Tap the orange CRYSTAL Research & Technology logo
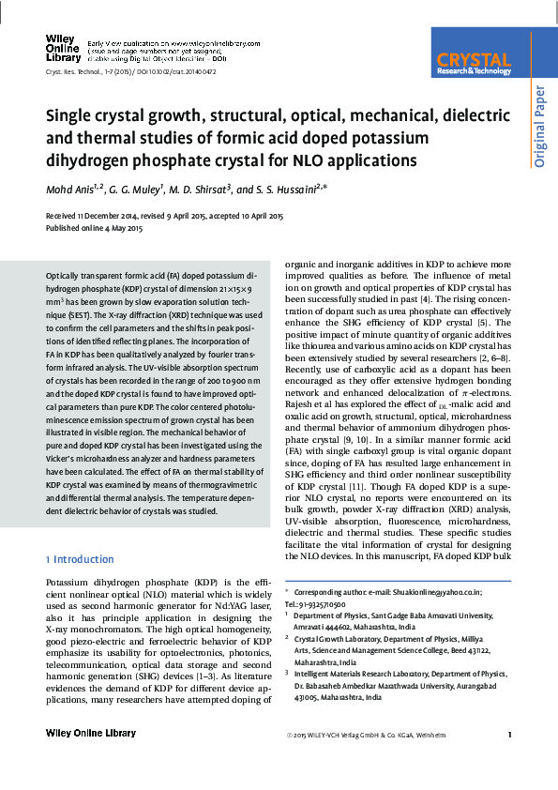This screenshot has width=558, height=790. pos(474,63)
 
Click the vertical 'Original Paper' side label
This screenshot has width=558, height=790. pos(540,128)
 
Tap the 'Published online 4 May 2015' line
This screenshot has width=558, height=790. pos(94,228)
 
